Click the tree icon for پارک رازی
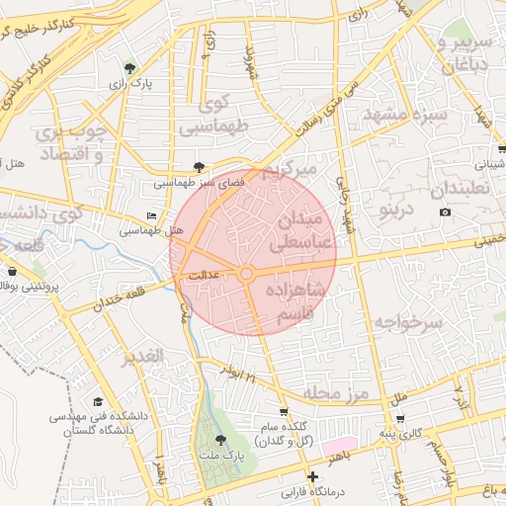[129, 68]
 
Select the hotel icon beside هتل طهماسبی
[151, 214]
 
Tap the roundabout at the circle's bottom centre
[246, 273]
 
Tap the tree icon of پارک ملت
[219, 440]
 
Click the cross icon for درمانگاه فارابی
[313, 477]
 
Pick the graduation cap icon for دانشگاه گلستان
[98, 402]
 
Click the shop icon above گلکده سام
[285, 411]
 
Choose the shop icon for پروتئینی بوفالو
[11, 271]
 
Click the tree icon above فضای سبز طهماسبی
[200, 167]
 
